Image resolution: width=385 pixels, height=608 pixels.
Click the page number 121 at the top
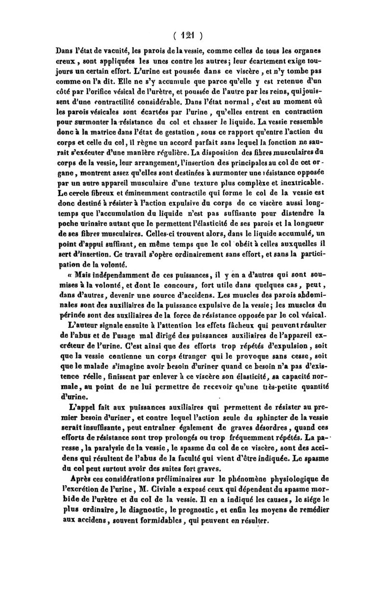tap(192, 34)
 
